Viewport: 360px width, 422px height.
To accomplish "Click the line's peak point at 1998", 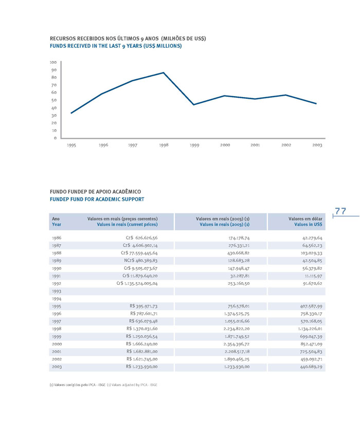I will [164, 72].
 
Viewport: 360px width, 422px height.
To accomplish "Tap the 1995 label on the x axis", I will [71, 146].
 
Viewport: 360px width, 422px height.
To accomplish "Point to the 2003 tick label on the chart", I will [317, 146].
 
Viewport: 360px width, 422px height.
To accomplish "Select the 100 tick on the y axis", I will [53, 62].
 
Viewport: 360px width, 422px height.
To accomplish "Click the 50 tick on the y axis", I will [54, 100].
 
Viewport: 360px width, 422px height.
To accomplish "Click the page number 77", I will [340, 211].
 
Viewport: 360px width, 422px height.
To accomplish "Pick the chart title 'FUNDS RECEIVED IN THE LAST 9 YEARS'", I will [116, 46].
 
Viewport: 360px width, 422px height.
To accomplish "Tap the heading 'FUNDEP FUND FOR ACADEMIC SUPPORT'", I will [97, 199].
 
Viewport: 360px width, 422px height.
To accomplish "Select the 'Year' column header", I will [57, 225].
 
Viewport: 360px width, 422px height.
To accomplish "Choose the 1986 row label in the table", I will [57, 238].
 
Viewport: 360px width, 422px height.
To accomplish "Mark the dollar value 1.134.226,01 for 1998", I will [306, 328].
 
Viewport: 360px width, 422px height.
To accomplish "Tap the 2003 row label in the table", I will [57, 367].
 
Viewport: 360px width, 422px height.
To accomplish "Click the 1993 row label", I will [57, 291].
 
